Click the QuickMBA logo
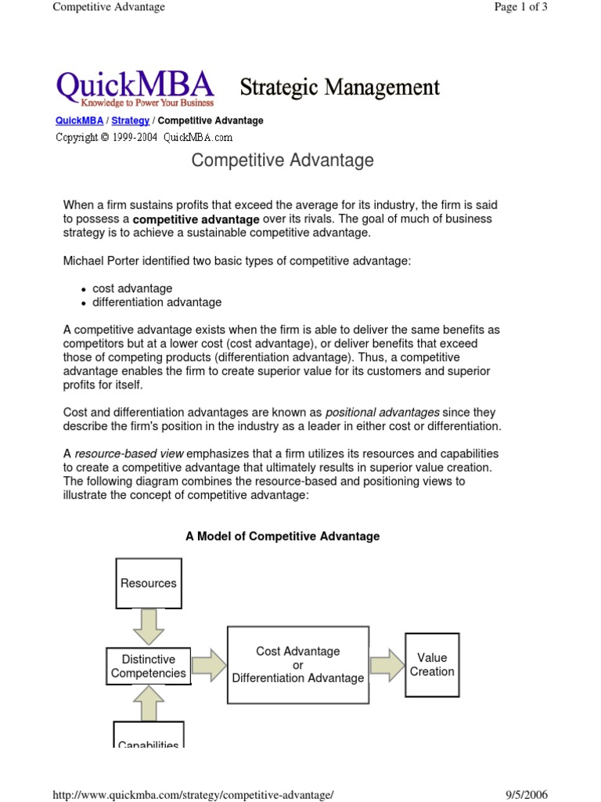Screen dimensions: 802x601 135,87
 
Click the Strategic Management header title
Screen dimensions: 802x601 339,87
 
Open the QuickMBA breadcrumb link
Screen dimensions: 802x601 79,121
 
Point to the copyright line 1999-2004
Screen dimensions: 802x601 144,137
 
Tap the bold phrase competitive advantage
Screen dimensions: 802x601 196,220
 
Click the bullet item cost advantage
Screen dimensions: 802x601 132,288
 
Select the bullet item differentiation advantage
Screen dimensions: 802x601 157,302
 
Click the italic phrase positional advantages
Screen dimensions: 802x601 382,412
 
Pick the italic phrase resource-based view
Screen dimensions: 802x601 129,453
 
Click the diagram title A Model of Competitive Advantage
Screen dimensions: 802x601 283,536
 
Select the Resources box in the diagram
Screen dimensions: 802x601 149,583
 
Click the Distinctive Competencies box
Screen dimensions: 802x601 149,666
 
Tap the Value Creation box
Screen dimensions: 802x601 432,664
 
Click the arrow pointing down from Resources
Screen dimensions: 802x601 149,626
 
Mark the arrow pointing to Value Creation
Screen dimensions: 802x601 386,665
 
